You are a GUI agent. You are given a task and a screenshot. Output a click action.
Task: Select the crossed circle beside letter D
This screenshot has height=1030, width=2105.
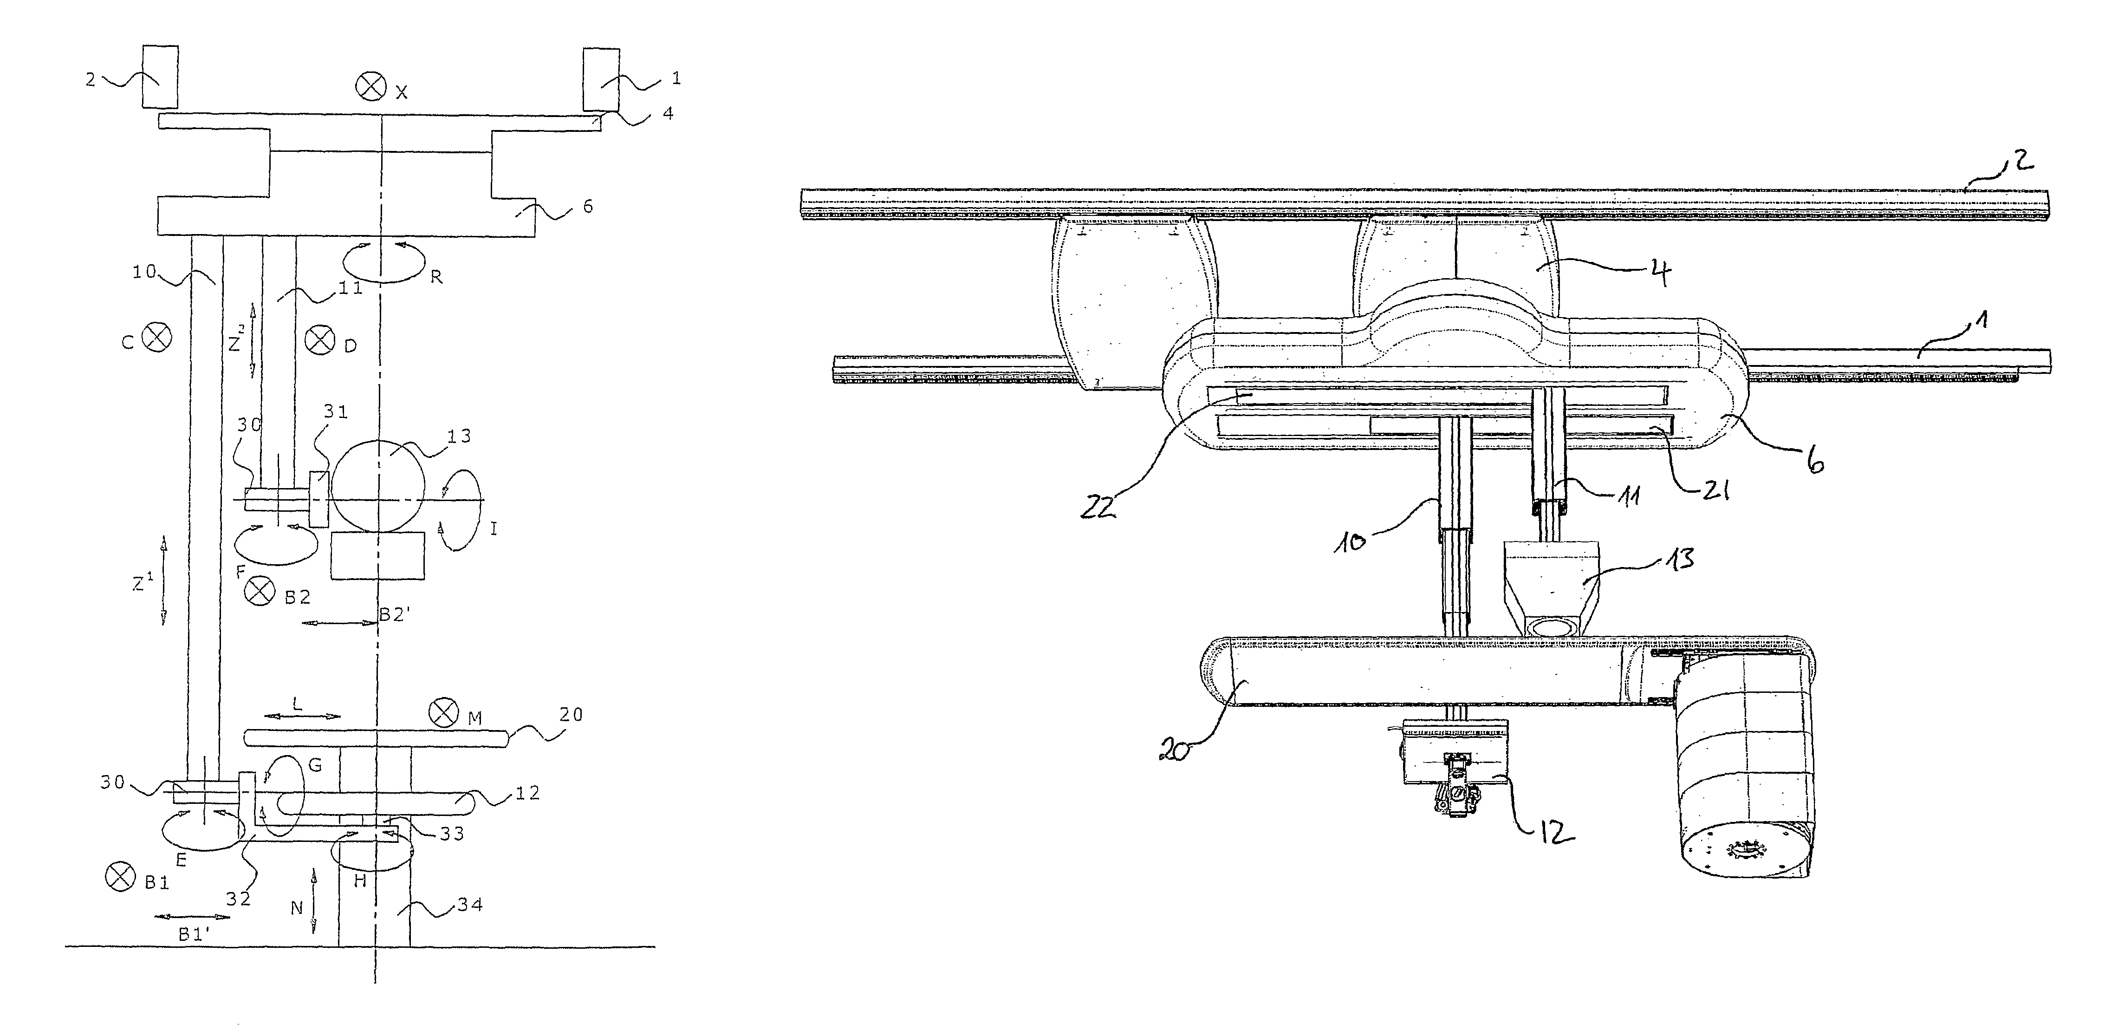point(319,339)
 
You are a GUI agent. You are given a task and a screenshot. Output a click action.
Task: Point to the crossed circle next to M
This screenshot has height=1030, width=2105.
point(444,712)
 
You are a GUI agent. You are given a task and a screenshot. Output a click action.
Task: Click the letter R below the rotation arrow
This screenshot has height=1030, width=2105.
point(436,277)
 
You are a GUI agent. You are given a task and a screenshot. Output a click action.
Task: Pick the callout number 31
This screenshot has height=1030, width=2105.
point(336,412)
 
